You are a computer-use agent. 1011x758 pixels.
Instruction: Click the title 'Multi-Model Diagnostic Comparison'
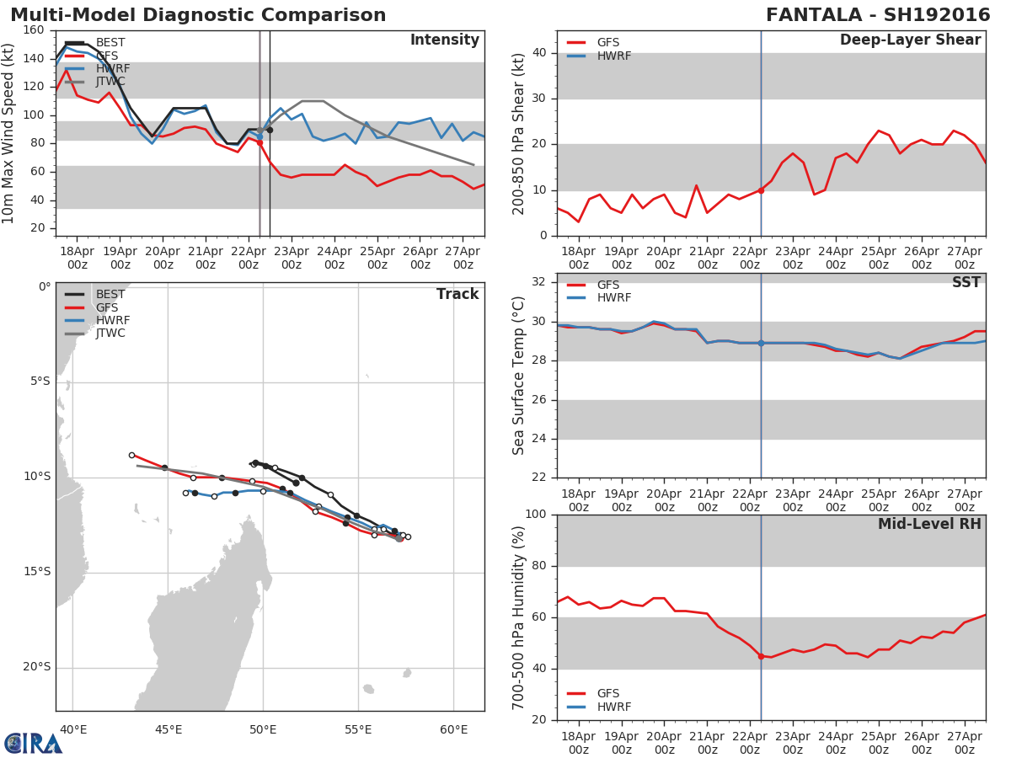pyautogui.click(x=198, y=15)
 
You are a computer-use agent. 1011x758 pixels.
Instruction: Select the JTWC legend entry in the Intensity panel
pyautogui.click(x=110, y=82)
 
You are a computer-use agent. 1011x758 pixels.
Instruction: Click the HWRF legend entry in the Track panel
pyautogui.click(x=110, y=320)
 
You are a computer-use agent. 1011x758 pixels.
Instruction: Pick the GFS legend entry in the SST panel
pyautogui.click(x=612, y=286)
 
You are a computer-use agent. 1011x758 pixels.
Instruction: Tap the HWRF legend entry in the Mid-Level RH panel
pyautogui.click(x=612, y=707)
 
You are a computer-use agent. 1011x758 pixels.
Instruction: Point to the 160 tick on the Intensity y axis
pyautogui.click(x=35, y=30)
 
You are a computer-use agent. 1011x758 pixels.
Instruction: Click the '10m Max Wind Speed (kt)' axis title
pyautogui.click(x=9, y=133)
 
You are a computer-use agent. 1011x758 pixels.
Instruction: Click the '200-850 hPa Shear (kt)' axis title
pyautogui.click(x=519, y=133)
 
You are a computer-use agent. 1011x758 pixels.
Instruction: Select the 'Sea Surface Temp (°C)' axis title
pyautogui.click(x=519, y=376)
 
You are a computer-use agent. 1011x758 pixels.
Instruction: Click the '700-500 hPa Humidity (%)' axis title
pyautogui.click(x=519, y=617)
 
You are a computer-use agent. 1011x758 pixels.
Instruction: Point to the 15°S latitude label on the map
pyautogui.click(x=38, y=572)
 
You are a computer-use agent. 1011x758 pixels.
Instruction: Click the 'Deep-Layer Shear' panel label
pyautogui.click(x=910, y=40)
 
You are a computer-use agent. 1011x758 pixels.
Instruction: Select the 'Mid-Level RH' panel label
pyautogui.click(x=929, y=525)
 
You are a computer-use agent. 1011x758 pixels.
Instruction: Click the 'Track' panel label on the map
pyautogui.click(x=457, y=294)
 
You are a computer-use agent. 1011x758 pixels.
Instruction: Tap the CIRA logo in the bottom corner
pyautogui.click(x=34, y=743)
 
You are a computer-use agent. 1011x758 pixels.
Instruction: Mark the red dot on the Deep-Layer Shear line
pyautogui.click(x=761, y=190)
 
